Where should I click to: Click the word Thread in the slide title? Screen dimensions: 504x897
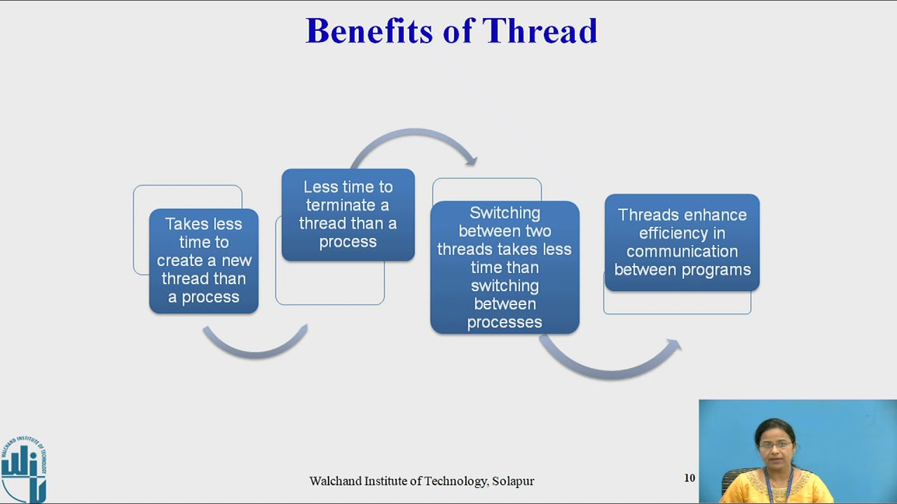point(540,31)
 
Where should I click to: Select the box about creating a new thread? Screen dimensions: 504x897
point(203,261)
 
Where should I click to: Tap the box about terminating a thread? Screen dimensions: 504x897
point(348,215)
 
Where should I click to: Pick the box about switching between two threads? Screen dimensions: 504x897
point(505,267)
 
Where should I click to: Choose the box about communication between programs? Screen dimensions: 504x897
point(682,242)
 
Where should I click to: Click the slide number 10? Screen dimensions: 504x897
point(690,478)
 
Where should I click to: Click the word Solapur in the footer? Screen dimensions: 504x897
point(513,481)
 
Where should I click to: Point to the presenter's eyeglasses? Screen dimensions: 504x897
point(775,444)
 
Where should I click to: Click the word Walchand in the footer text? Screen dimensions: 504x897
point(336,481)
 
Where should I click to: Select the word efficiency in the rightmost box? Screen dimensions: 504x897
point(682,233)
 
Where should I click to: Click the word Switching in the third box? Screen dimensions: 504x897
point(505,213)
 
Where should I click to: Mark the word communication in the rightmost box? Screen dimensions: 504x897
point(682,251)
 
